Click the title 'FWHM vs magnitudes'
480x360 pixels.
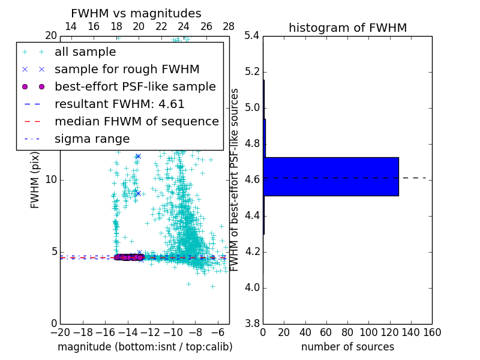point(136,14)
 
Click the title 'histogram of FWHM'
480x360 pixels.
point(347,28)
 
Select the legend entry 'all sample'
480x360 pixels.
point(85,52)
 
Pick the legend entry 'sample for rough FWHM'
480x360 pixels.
point(127,69)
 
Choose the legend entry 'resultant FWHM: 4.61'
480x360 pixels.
point(119,104)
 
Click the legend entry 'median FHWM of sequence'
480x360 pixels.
point(137,121)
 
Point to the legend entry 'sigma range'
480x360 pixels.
point(92,139)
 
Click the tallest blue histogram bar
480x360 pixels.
point(331,176)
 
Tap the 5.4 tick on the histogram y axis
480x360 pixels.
point(252,36)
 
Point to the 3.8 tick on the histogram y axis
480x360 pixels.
point(252,323)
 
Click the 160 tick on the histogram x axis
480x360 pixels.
point(432,332)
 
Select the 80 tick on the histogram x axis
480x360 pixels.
point(347,332)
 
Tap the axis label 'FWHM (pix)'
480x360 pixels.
point(35,179)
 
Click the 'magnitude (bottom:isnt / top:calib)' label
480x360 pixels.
point(145,347)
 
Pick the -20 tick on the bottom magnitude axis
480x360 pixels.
point(60,332)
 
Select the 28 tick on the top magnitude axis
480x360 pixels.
point(229,26)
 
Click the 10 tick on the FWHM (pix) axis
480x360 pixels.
point(51,180)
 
